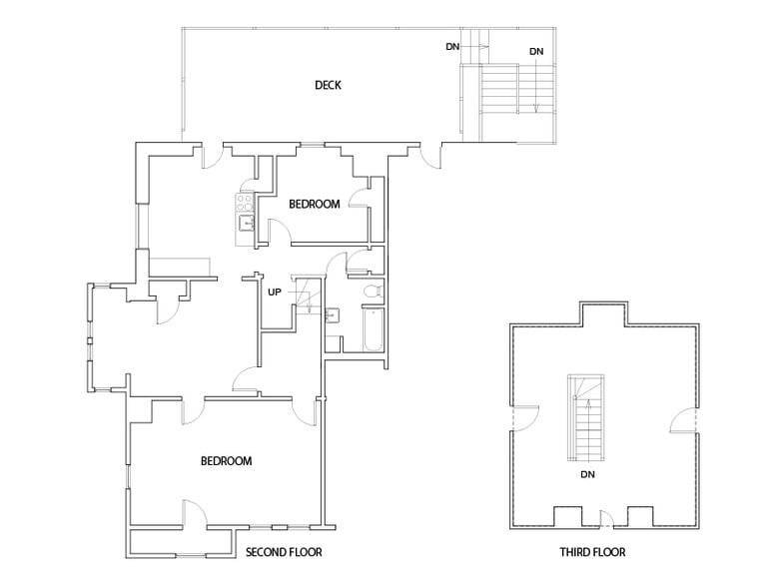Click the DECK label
[x=328, y=86]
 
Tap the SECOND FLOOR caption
[x=284, y=551]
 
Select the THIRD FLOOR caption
[x=592, y=551]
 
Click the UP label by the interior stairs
[x=274, y=293]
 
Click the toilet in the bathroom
[x=372, y=292]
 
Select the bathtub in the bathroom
[x=373, y=331]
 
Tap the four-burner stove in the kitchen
[x=244, y=203]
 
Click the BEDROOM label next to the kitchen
[x=314, y=205]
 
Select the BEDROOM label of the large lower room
[x=226, y=461]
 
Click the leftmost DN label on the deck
[x=452, y=47]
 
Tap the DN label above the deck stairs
[x=536, y=51]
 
